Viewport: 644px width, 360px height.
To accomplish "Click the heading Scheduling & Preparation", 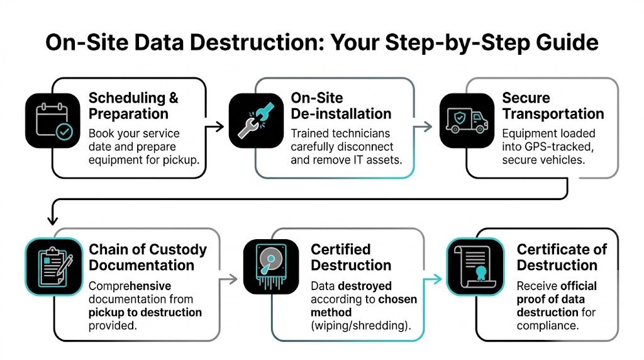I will (x=133, y=106).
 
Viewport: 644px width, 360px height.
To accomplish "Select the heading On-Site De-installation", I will (x=340, y=106).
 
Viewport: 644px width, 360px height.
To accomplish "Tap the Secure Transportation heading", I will (x=552, y=106).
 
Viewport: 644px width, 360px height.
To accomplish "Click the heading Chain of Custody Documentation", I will (x=147, y=257).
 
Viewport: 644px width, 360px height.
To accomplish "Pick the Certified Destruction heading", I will (x=351, y=257).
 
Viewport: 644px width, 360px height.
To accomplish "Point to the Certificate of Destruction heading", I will (x=562, y=257).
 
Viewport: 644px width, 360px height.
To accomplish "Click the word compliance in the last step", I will (x=547, y=325).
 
